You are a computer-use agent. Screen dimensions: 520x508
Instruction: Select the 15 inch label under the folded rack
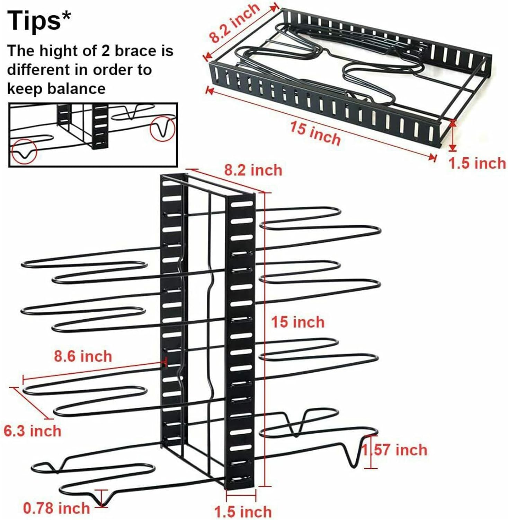pyautogui.click(x=315, y=133)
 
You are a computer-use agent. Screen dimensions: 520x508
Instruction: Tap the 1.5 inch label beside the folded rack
pyautogui.click(x=477, y=163)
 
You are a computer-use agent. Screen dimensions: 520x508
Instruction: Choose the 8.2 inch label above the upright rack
pyautogui.click(x=253, y=170)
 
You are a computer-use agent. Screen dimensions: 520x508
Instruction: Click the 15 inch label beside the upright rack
pyautogui.click(x=298, y=322)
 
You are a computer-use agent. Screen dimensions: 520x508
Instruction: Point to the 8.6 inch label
pyautogui.click(x=83, y=356)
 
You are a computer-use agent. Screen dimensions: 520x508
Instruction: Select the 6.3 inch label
pyautogui.click(x=33, y=431)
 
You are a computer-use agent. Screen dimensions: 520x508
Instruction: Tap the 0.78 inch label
pyautogui.click(x=56, y=508)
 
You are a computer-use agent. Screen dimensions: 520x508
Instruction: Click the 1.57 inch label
pyautogui.click(x=395, y=450)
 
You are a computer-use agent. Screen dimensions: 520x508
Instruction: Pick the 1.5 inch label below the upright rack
pyautogui.click(x=243, y=512)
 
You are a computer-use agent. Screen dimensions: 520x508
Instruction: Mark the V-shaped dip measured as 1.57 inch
pyautogui.click(x=351, y=458)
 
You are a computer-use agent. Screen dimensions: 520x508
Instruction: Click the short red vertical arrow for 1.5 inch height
pyautogui.click(x=452, y=135)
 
